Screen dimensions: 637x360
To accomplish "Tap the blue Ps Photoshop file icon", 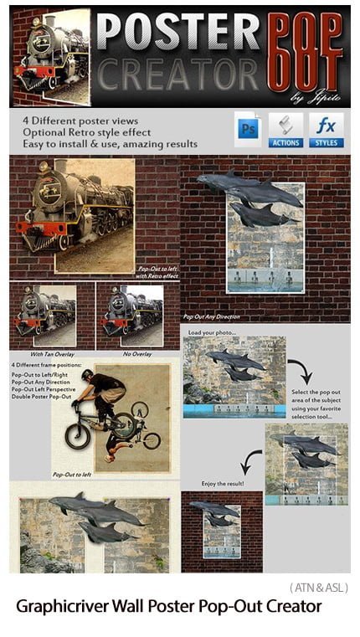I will point(248,131).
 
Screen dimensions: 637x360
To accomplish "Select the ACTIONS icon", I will point(285,131).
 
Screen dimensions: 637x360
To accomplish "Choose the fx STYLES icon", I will point(326,131).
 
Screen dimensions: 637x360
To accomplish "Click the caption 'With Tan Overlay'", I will point(50,341).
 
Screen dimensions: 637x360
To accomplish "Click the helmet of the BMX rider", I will point(87,375).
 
